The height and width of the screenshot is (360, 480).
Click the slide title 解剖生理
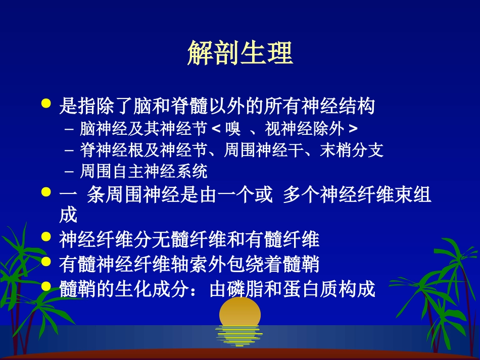240,53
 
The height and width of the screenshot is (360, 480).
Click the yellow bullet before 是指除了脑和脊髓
46,104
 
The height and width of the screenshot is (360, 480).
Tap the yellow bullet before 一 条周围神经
46,192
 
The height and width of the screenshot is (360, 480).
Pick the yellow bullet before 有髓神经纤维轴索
46,261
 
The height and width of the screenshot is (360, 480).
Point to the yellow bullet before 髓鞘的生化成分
46,286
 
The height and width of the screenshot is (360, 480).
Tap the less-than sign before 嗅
216,129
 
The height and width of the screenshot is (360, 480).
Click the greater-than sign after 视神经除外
353,129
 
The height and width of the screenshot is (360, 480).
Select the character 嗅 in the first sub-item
233,129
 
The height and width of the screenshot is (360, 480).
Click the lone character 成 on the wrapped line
68,216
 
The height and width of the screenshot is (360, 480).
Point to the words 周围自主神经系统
143,172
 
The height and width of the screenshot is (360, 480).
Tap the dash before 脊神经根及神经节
69,150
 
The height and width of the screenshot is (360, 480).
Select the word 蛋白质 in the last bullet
309,290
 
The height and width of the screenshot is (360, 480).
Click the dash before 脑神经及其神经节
69,129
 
